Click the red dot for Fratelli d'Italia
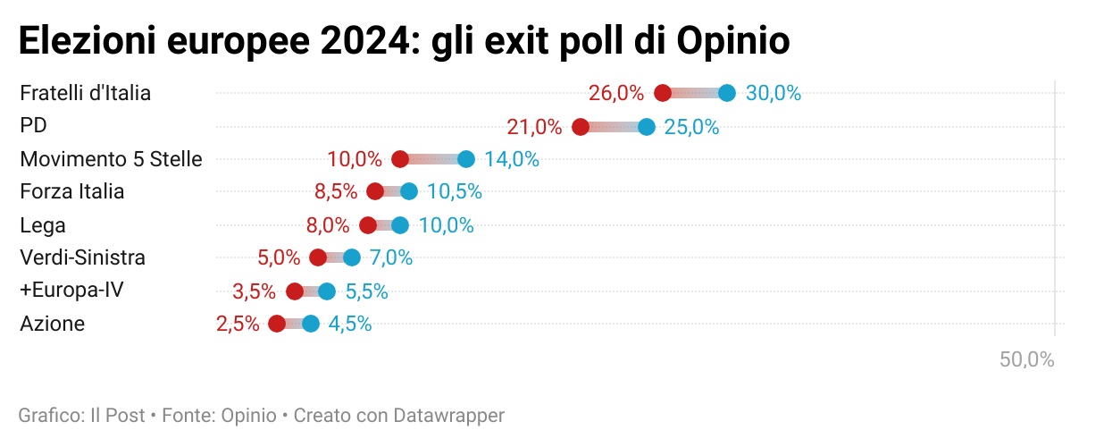663,93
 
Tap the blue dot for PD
647,127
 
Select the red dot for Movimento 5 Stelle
400,159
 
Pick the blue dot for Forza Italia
409,191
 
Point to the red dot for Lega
368,225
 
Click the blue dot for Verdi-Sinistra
352,257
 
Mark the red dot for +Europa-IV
295,291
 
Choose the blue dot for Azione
311,324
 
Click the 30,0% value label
774,93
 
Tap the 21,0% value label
534,127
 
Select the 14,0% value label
512,159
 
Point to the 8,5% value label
336,191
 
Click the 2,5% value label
238,324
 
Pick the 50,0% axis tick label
1027,360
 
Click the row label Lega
43,225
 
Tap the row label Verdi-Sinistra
82,258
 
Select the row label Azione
53,324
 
